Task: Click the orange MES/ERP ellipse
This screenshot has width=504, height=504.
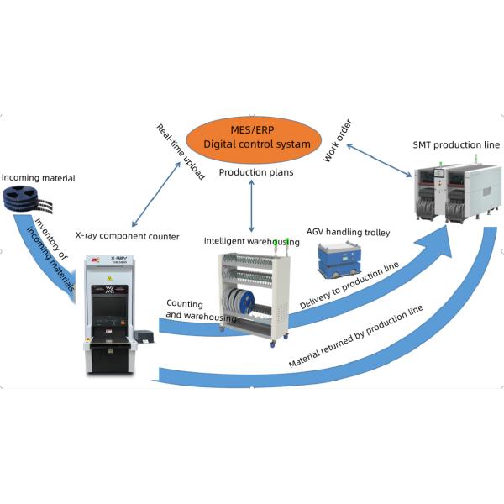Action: click(252, 138)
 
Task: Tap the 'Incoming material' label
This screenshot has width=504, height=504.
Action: click(38, 178)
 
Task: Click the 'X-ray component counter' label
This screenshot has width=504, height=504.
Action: click(127, 237)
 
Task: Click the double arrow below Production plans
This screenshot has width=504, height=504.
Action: click(252, 206)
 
